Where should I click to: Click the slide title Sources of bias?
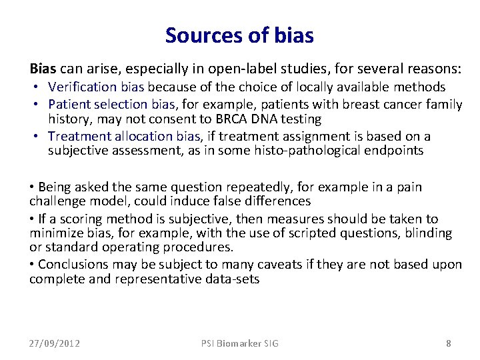point(239,35)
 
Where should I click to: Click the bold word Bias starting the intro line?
point(43,69)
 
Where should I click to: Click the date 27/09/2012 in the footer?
point(55,343)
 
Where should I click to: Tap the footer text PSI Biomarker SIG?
point(240,343)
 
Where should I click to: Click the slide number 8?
point(449,343)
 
